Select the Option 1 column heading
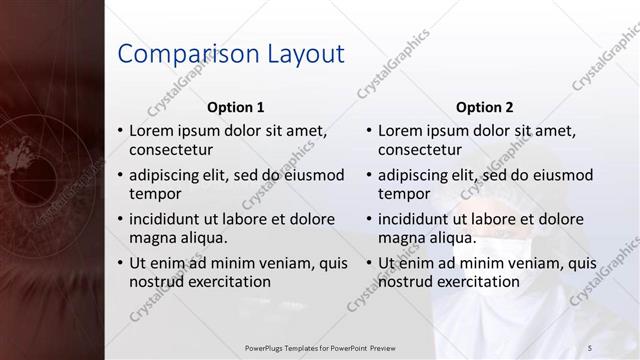pyautogui.click(x=235, y=107)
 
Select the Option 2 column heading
pyautogui.click(x=484, y=107)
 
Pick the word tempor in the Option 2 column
pyautogui.click(x=404, y=194)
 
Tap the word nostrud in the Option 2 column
pyautogui.click(x=406, y=282)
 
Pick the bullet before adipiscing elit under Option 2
pyautogui.click(x=369, y=175)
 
